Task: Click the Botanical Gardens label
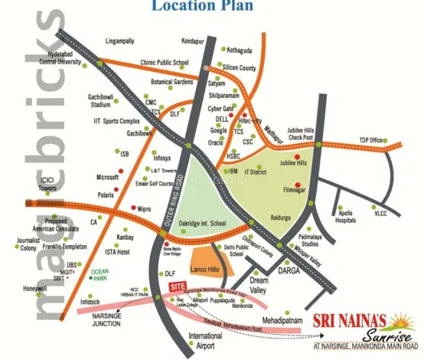pos(173,80)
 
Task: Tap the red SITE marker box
pos(176,283)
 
